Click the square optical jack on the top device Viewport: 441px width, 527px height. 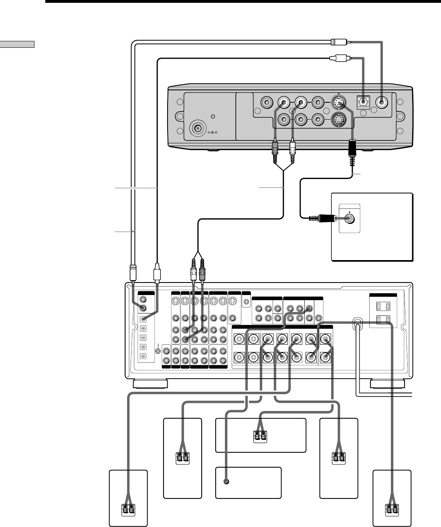click(363, 102)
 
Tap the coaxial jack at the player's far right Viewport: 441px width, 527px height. click(382, 103)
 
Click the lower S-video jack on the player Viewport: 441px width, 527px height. click(340, 119)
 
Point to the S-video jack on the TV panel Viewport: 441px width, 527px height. click(350, 219)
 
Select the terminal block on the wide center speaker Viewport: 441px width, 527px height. click(260, 435)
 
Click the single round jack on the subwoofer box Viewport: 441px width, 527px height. click(227, 482)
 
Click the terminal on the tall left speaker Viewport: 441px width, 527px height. click(183, 457)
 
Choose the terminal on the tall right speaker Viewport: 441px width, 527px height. click(339, 457)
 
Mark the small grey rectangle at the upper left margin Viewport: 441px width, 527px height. click(18, 44)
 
